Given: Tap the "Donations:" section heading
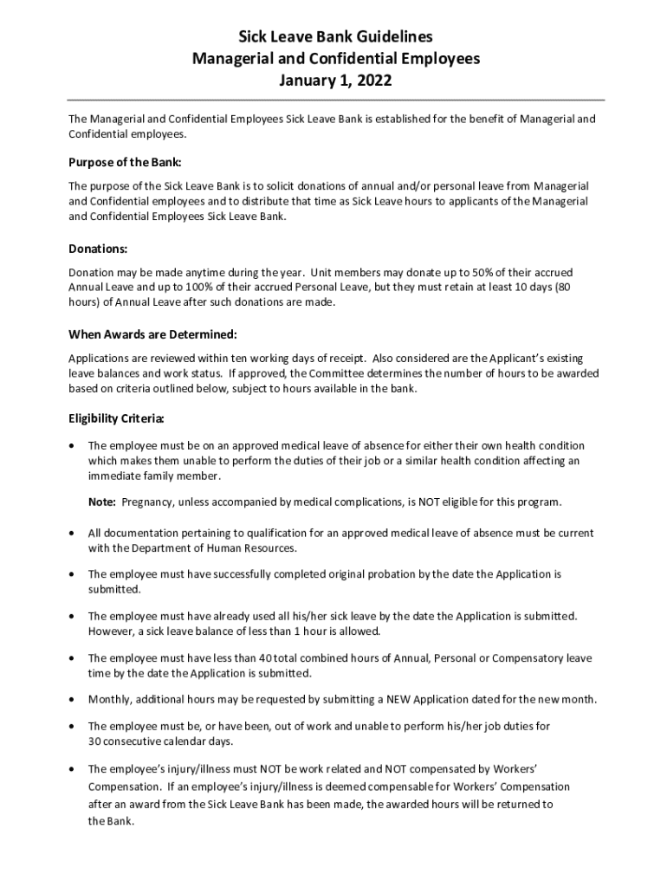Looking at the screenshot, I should pyautogui.click(x=98, y=249).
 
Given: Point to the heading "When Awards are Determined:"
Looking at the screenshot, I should pyautogui.click(x=152, y=334).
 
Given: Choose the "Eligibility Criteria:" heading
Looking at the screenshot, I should pyautogui.click(x=117, y=419).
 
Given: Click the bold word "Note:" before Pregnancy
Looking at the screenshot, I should pyautogui.click(x=101, y=502).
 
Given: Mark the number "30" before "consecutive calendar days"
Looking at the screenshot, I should pyautogui.click(x=95, y=741).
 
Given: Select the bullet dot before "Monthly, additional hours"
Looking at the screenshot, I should pyautogui.click(x=72, y=699).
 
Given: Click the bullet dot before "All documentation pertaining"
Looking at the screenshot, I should pyautogui.click(x=72, y=533).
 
